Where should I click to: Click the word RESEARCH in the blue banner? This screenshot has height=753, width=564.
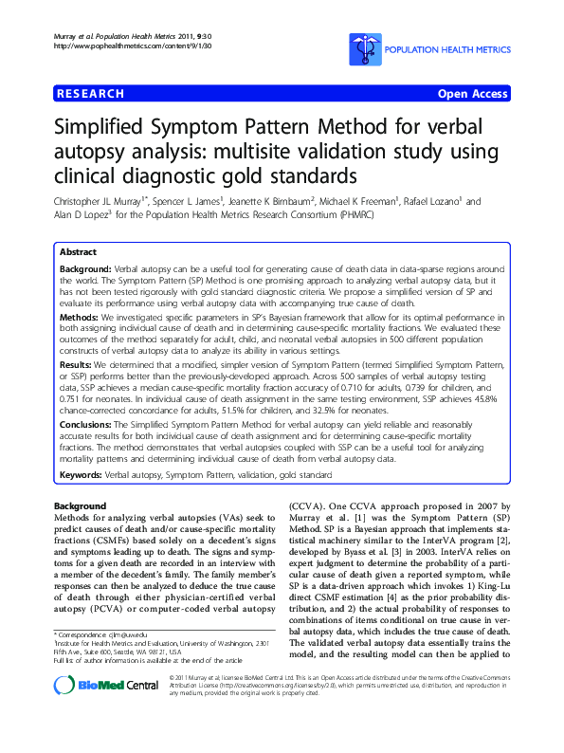point(90,94)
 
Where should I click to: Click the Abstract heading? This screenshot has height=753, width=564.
point(78,253)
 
